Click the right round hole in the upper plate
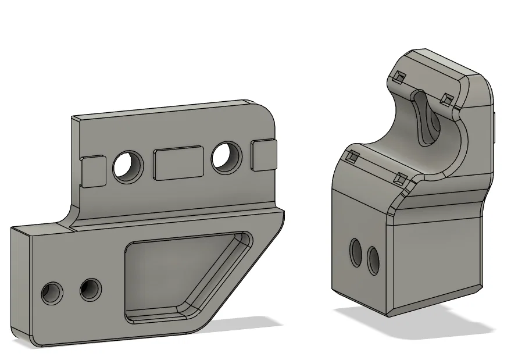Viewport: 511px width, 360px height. coord(226,157)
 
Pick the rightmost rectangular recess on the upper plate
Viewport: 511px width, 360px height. coord(264,155)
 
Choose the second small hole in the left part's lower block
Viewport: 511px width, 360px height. coord(91,288)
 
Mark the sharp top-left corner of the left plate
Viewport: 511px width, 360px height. coord(72,118)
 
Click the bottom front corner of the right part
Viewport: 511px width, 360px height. coord(388,316)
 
